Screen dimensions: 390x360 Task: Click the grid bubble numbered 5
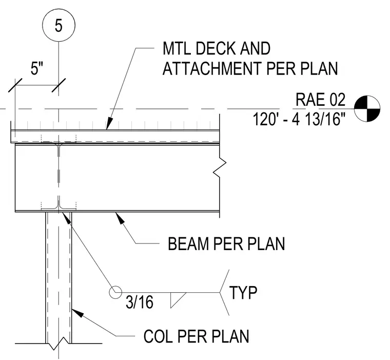(59, 25)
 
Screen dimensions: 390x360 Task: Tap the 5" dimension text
(37, 68)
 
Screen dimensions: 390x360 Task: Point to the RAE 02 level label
(320, 99)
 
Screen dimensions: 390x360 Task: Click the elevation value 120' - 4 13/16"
(299, 119)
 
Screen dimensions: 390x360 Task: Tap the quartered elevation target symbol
(367, 109)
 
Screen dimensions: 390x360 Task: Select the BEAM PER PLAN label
(226, 243)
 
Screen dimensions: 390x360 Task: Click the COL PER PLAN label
(196, 336)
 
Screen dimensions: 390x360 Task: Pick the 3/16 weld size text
(139, 302)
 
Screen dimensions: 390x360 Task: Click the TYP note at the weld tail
(243, 293)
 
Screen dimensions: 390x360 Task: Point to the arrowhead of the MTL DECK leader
(109, 123)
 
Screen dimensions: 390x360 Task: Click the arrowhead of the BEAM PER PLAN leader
(120, 217)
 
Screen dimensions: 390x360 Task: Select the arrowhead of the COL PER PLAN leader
(77, 312)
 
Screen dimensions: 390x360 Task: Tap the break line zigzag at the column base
(59, 344)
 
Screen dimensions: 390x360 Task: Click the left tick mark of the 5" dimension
(15, 85)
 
